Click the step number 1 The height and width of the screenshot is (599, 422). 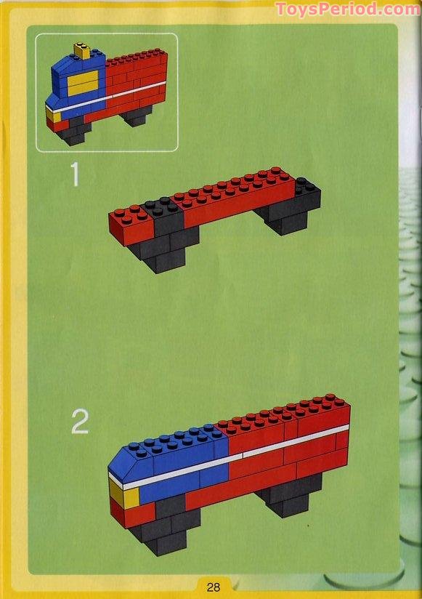click(73, 175)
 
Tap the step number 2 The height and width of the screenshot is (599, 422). click(80, 422)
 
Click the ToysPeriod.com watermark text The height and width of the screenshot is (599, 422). click(347, 9)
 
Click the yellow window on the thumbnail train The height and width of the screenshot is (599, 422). click(82, 82)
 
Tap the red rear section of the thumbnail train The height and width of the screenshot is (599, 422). click(137, 80)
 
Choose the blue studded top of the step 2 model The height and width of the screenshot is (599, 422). click(182, 443)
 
